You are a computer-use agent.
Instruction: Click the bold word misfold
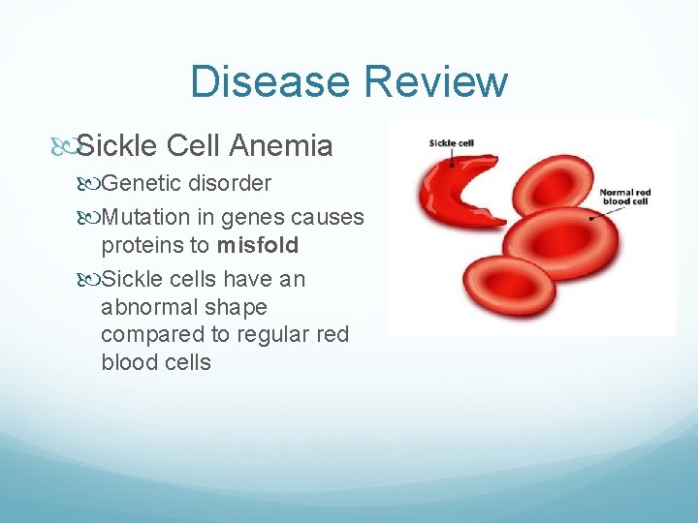258,245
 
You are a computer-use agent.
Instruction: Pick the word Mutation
143,217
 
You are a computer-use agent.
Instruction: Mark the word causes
327,217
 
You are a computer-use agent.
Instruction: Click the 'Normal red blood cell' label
624,198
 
